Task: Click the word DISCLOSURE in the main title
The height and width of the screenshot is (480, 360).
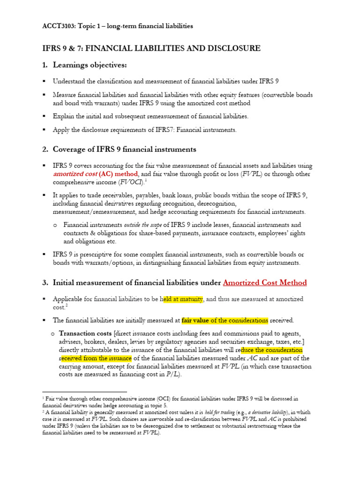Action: coord(229,48)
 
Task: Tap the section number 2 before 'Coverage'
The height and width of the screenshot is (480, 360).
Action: coord(45,150)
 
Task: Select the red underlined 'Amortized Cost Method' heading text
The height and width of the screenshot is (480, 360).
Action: coord(265,283)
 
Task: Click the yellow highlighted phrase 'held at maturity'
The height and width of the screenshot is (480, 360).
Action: coord(182,299)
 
